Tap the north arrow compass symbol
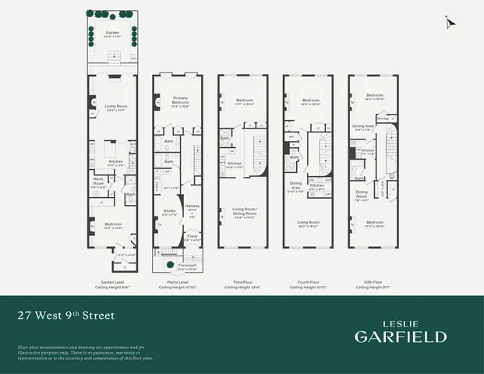(447, 24)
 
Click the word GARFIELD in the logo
(401, 336)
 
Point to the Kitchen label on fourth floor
(317, 185)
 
